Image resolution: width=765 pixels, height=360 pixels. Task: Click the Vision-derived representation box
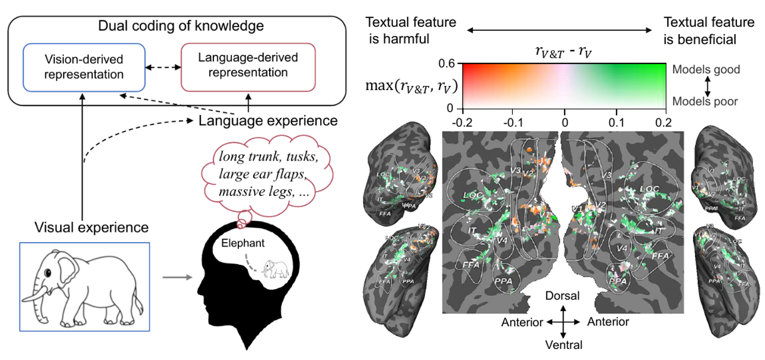point(84,66)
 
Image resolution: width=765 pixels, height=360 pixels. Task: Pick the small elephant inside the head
point(275,269)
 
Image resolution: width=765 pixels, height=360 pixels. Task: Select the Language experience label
point(268,120)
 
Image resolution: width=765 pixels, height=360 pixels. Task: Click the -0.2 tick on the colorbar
point(462,119)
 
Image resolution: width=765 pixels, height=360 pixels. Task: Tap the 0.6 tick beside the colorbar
point(446,64)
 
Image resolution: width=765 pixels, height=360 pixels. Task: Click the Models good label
point(706,70)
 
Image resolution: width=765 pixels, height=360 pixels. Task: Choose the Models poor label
point(706,101)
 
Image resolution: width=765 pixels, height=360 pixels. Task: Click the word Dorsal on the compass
point(562,296)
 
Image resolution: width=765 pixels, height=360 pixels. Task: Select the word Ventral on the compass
point(562,345)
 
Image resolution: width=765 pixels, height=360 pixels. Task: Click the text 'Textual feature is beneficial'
point(708,31)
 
